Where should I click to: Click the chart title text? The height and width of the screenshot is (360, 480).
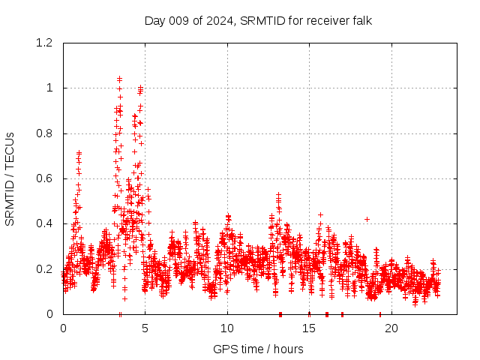[x=258, y=20]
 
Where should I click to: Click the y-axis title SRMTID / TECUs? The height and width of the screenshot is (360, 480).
[x=10, y=178]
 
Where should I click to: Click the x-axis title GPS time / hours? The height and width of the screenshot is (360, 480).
[x=258, y=349]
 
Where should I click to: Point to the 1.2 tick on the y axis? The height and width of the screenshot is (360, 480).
[x=46, y=43]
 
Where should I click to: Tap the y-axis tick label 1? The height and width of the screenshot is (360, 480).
[x=50, y=88]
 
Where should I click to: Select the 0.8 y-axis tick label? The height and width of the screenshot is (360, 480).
[x=46, y=133]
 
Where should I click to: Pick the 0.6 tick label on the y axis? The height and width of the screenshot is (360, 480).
[x=46, y=178]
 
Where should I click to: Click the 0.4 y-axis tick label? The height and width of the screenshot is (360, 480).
[x=46, y=223]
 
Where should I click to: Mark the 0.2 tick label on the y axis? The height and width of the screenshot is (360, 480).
[x=46, y=268]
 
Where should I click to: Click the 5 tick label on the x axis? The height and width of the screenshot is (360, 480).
[x=145, y=328]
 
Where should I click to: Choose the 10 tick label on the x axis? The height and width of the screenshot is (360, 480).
[x=226, y=328]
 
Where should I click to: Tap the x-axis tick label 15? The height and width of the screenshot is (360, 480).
[x=308, y=328]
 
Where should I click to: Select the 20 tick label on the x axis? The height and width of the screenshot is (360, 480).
[x=391, y=328]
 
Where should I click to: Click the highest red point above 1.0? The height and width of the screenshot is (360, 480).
[x=119, y=78]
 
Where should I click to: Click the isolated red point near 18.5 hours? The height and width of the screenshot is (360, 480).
[x=367, y=219]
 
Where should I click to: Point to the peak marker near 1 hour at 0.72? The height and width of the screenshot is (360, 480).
[x=79, y=152]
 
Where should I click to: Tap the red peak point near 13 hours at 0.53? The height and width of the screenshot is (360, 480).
[x=278, y=194]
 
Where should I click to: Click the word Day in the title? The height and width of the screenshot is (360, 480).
[x=154, y=20]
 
